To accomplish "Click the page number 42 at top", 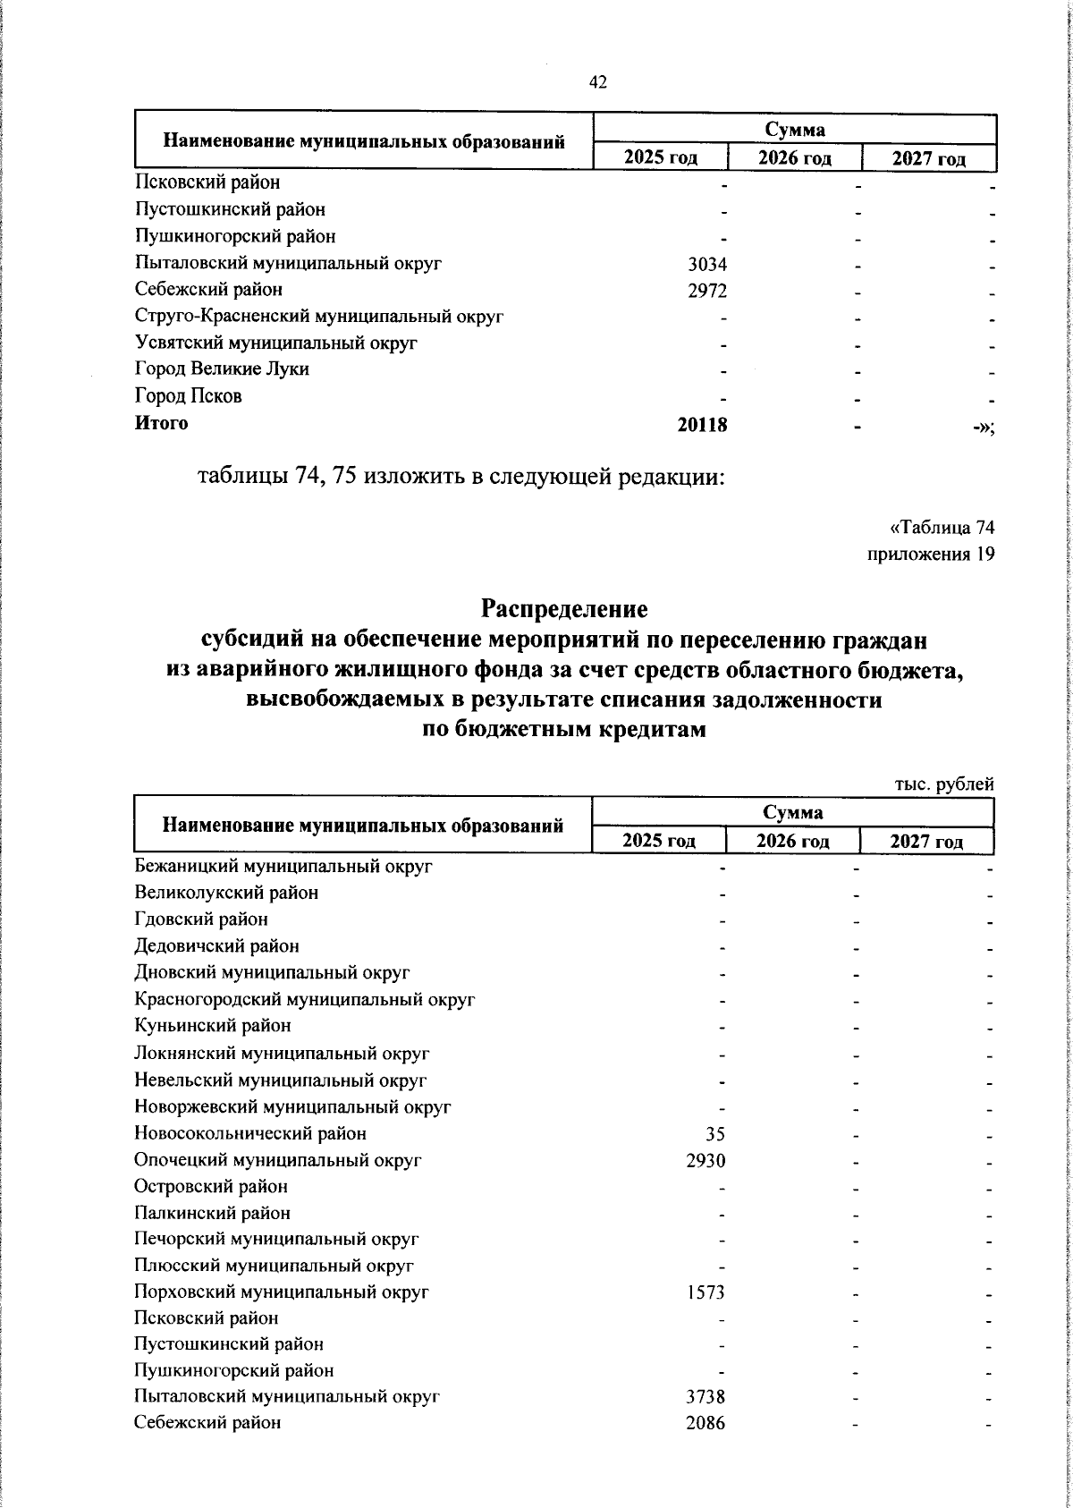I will point(598,82).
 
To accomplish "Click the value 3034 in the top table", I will point(706,264).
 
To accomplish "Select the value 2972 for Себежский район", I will point(706,291).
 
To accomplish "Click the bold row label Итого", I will point(162,423).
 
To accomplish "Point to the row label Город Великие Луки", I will point(222,369).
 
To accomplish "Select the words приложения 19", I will point(931,555).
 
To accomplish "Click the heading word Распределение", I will point(564,610).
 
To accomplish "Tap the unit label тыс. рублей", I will point(944,784).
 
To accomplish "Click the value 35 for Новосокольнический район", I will point(714,1135).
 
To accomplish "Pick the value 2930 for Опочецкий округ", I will point(705,1161).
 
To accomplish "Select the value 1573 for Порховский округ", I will point(705,1292).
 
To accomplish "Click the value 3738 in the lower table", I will point(705,1397).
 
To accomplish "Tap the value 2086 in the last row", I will point(705,1423).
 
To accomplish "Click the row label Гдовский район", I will point(201,919).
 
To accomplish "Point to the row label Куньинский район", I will point(213,1026).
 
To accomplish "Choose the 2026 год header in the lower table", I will point(792,842).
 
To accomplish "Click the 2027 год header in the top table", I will point(929,159).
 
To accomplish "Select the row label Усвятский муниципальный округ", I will point(276,343).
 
